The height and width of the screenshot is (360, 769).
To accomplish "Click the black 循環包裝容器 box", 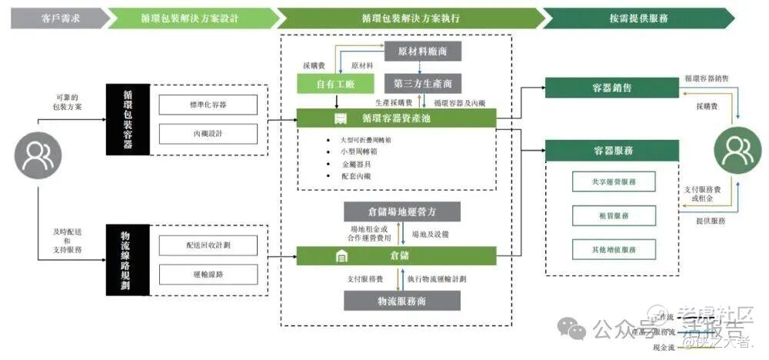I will (127, 118).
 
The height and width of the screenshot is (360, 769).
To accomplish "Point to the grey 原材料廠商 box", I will (422, 51).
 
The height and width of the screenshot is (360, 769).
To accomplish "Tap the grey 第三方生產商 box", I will (422, 82).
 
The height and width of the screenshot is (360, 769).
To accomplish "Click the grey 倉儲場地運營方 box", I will (401, 211).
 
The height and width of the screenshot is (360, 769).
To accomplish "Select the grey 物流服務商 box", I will (401, 301).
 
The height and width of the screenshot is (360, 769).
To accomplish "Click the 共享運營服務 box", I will (614, 182).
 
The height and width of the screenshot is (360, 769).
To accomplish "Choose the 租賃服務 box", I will (614, 216).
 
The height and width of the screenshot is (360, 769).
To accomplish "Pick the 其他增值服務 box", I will (614, 249).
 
